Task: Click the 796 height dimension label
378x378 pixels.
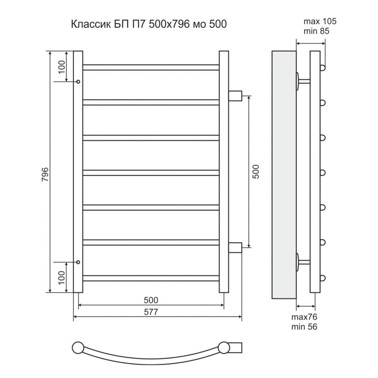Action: click(x=45, y=174)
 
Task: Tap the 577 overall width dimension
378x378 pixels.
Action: click(x=151, y=312)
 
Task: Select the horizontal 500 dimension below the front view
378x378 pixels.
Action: click(x=151, y=300)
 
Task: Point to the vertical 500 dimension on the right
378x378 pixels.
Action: click(x=256, y=172)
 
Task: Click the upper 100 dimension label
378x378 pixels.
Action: click(x=62, y=67)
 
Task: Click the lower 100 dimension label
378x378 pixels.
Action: click(x=62, y=277)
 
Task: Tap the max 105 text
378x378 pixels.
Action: click(x=320, y=21)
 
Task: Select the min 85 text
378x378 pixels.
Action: click(x=316, y=31)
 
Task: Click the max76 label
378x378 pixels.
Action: click(x=304, y=317)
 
